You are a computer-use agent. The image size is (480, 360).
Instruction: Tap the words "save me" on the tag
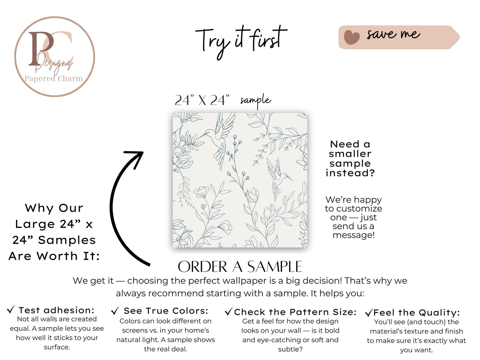(393, 35)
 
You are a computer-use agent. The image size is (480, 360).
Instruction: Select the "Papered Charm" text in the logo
(53, 79)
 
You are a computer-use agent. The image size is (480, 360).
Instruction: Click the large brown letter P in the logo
(41, 48)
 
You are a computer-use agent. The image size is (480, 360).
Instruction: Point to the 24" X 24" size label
(202, 101)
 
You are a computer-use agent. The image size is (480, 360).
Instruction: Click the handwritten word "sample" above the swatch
(255, 101)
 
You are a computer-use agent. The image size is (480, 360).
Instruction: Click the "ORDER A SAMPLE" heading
(240, 267)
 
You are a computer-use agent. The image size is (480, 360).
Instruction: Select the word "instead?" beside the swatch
(350, 173)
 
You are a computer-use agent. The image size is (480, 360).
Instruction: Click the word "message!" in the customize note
(353, 235)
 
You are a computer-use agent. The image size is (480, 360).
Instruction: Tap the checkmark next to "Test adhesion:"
(11, 310)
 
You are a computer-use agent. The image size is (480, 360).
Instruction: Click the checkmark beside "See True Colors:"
(115, 311)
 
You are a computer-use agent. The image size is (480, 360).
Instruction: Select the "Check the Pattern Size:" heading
(295, 312)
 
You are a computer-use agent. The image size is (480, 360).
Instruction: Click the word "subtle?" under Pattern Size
(290, 349)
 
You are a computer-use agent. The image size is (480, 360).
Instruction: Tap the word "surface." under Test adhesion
(57, 347)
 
